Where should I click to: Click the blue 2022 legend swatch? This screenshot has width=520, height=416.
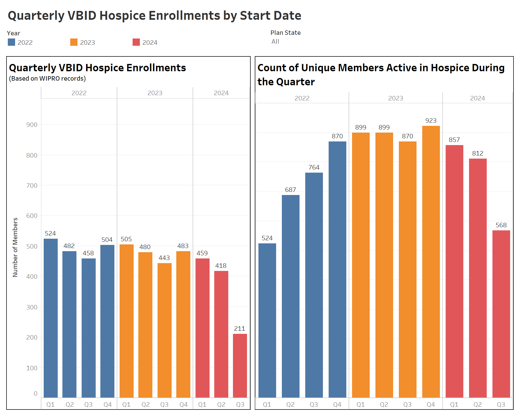click(x=11, y=42)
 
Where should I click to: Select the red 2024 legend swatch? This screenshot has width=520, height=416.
click(x=136, y=42)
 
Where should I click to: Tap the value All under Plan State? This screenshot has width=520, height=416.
click(x=275, y=42)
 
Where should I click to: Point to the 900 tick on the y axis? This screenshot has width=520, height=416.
click(x=32, y=125)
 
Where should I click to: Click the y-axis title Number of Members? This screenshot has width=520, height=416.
click(x=15, y=247)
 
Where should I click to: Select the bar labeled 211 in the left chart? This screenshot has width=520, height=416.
click(x=240, y=365)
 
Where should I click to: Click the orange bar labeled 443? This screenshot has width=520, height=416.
click(x=164, y=330)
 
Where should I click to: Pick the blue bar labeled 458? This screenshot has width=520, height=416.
click(x=88, y=328)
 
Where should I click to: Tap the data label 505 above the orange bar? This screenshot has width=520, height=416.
click(x=126, y=239)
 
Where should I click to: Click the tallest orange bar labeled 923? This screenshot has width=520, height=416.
click(x=431, y=261)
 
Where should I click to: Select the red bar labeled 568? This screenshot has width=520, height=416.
click(x=501, y=313)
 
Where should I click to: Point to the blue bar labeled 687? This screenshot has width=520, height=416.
click(x=290, y=296)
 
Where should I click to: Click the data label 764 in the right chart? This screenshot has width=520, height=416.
click(x=314, y=167)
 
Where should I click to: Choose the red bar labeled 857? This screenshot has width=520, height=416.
click(x=454, y=270)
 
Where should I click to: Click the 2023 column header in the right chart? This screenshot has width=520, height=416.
click(x=395, y=98)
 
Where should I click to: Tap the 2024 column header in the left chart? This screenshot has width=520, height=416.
click(x=221, y=93)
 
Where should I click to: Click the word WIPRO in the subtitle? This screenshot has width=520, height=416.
click(x=49, y=79)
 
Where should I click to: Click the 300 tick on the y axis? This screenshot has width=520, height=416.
click(x=32, y=307)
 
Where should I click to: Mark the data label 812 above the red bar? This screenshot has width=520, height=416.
click(x=478, y=153)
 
